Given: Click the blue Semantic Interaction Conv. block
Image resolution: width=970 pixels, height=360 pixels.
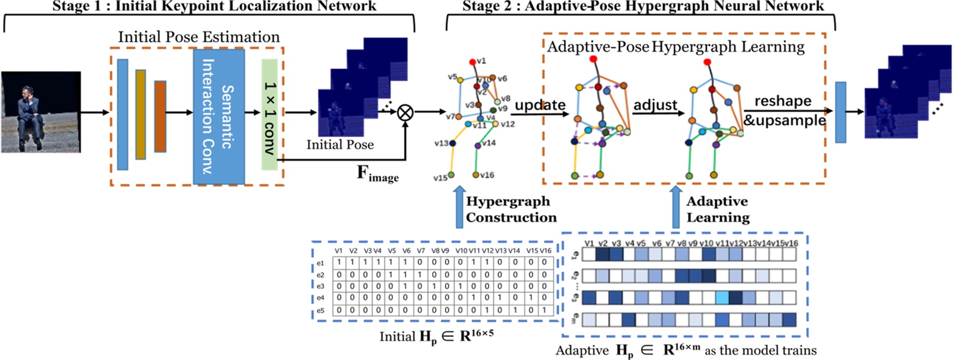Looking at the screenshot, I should [x=219, y=116].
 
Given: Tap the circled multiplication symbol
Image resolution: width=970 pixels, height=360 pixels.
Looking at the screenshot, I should [x=405, y=112].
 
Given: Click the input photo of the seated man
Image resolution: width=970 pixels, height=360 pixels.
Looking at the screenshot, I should [x=41, y=112].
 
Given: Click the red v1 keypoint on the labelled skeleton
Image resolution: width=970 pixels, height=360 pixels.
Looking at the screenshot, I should [x=472, y=62].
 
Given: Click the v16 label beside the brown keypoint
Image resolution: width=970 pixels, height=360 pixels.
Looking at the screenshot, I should [x=487, y=175].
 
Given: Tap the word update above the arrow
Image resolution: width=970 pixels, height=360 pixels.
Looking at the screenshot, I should [x=540, y=105].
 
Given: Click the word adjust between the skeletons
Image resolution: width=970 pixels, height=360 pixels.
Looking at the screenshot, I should [x=655, y=105].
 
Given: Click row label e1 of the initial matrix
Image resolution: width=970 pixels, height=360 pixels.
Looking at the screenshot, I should [x=321, y=263].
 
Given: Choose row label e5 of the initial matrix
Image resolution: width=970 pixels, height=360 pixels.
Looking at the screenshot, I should [x=321, y=310].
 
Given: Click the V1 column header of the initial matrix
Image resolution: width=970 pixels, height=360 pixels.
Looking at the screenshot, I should [x=338, y=251].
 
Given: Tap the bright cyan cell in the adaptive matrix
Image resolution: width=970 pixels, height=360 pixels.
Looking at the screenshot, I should [x=722, y=298].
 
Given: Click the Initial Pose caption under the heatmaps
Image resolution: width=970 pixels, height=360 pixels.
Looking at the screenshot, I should [x=340, y=145].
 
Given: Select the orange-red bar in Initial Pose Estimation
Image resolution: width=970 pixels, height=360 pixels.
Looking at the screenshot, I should [x=160, y=116].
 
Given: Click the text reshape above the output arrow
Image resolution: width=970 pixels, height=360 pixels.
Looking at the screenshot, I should [x=782, y=101].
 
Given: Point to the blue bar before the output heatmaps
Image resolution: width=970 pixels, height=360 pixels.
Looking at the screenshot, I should [x=840, y=112].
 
